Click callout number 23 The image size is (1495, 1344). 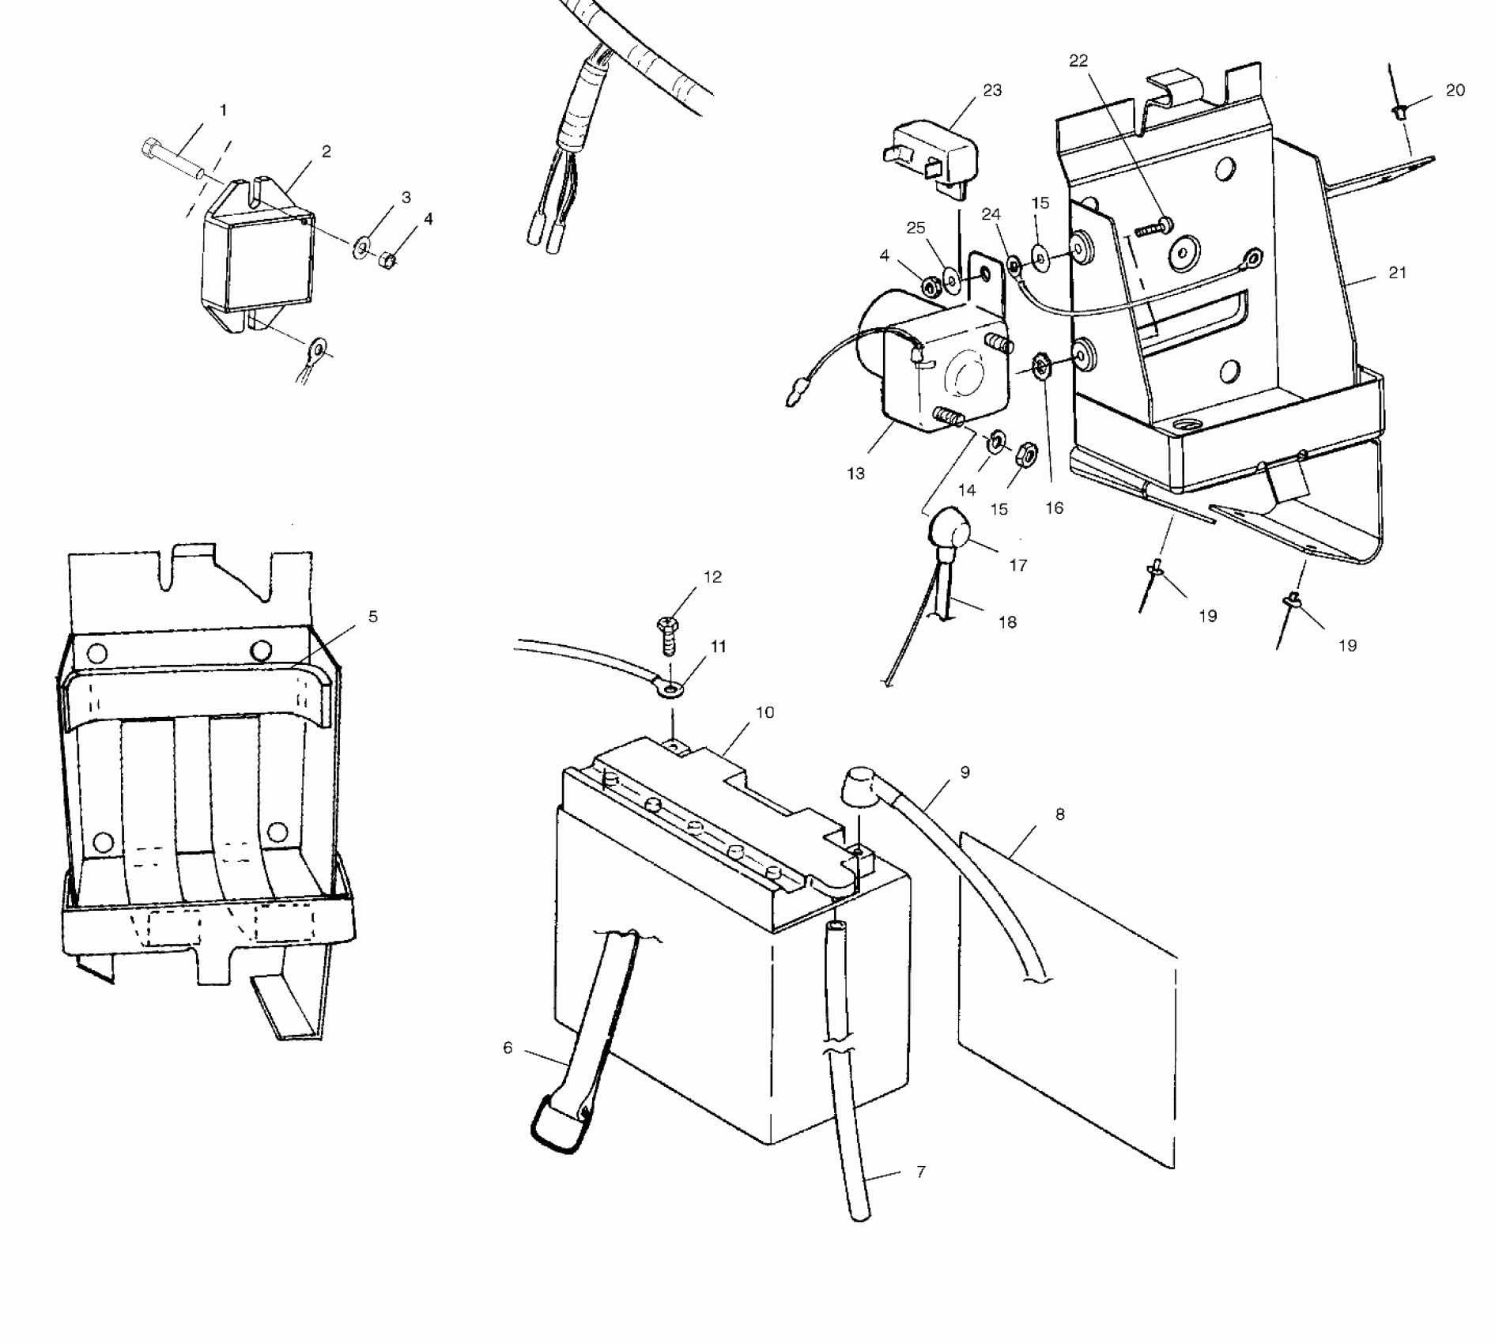[x=991, y=91]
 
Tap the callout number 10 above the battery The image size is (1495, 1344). [x=764, y=712]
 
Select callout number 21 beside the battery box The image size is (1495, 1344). [x=1397, y=273]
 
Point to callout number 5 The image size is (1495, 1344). [x=372, y=617]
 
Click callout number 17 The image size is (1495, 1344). [x=1017, y=565]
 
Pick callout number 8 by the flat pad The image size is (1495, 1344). [x=1059, y=814]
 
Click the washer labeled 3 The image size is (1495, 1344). [x=361, y=248]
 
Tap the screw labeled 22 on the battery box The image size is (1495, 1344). [x=1153, y=228]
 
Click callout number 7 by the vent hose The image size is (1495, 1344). [x=921, y=1171]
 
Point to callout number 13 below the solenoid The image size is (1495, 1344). [x=855, y=474]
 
